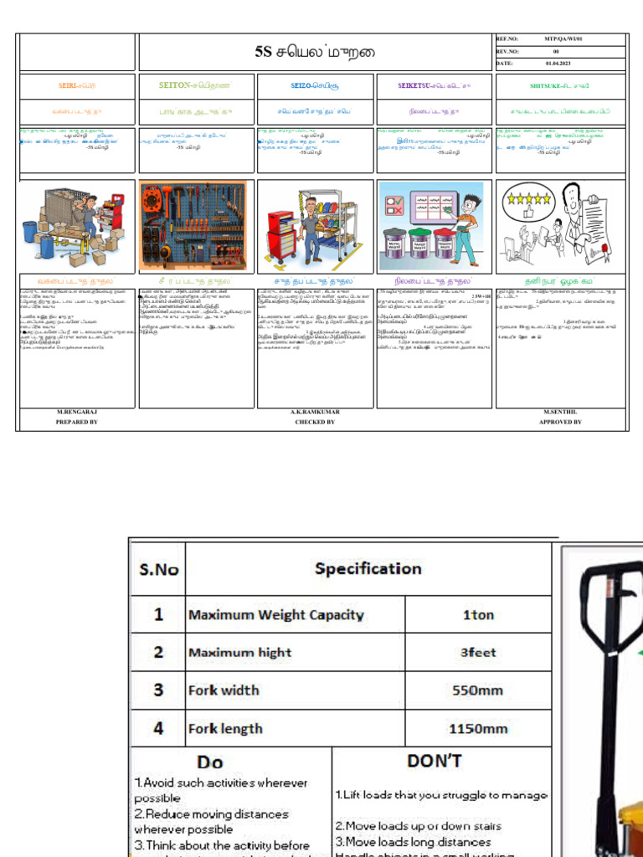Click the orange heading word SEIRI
66,85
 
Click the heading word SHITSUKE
547,85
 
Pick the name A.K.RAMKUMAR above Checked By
315,413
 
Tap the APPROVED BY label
560,423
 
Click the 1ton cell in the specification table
478,614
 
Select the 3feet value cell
478,653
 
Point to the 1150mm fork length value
478,729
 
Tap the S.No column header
158,569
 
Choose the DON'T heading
435,761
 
